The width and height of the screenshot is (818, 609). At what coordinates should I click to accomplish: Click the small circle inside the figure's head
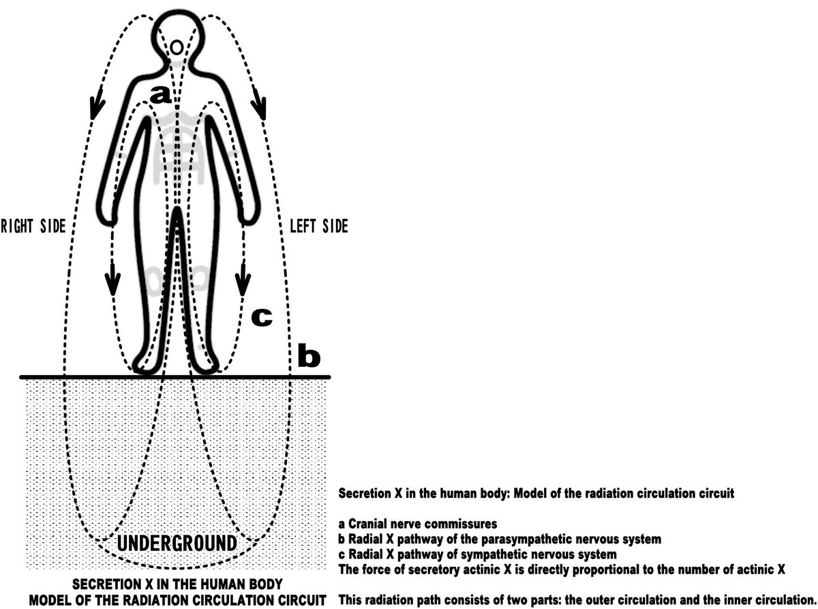click(176, 47)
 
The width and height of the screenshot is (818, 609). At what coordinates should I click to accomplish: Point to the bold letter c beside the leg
click(262, 316)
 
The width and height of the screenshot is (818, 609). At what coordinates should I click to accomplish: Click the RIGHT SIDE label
click(33, 226)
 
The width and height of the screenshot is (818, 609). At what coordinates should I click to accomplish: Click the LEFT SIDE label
click(318, 226)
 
